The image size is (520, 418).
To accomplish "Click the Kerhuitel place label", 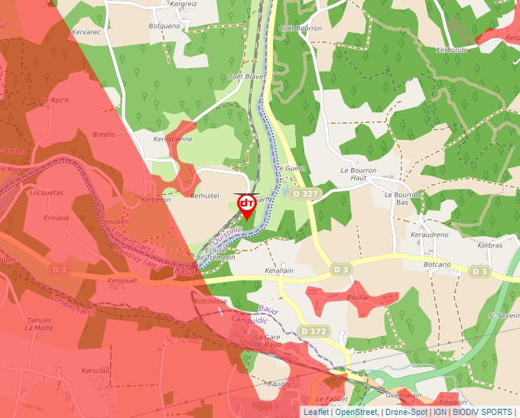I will coord(204,196).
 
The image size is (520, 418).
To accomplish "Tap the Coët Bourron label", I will coord(301,28).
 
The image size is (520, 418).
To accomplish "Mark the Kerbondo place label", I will coord(451,50).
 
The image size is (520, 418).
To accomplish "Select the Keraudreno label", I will coord(429,235).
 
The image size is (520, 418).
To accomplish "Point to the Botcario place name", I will coord(437,264).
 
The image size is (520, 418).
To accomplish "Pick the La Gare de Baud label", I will coord(268,341).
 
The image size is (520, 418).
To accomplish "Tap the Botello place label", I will coord(103,134).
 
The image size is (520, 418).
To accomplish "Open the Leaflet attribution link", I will coord(316,412).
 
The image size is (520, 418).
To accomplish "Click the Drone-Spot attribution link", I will coord(406,412).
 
